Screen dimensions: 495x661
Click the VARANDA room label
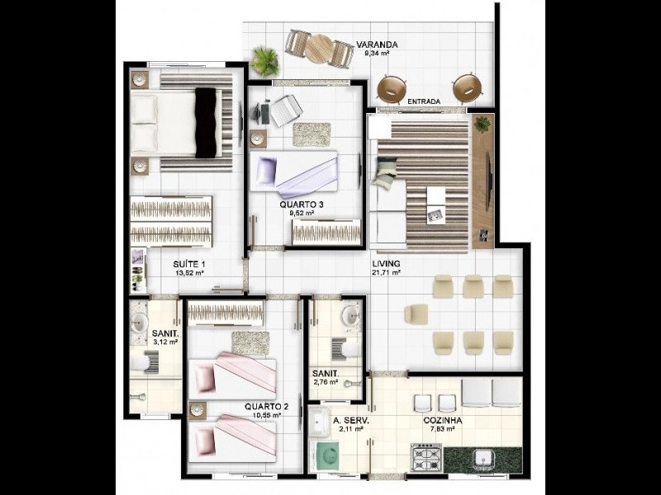[x=378, y=45]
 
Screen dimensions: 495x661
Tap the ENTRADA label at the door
[x=424, y=101]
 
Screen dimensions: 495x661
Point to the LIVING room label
[x=386, y=263]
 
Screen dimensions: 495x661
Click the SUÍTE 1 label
[x=189, y=264]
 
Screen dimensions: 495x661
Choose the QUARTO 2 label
[x=265, y=407]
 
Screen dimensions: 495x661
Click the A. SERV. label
[x=351, y=420]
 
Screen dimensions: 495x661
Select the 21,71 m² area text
[x=386, y=272]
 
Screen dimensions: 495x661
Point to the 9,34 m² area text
[x=378, y=54]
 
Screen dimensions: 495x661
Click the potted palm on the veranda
[x=265, y=59]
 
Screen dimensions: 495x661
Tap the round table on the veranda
[x=318, y=49]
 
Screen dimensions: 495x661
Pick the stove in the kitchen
[x=426, y=456]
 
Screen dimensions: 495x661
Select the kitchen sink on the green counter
[x=483, y=457]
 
